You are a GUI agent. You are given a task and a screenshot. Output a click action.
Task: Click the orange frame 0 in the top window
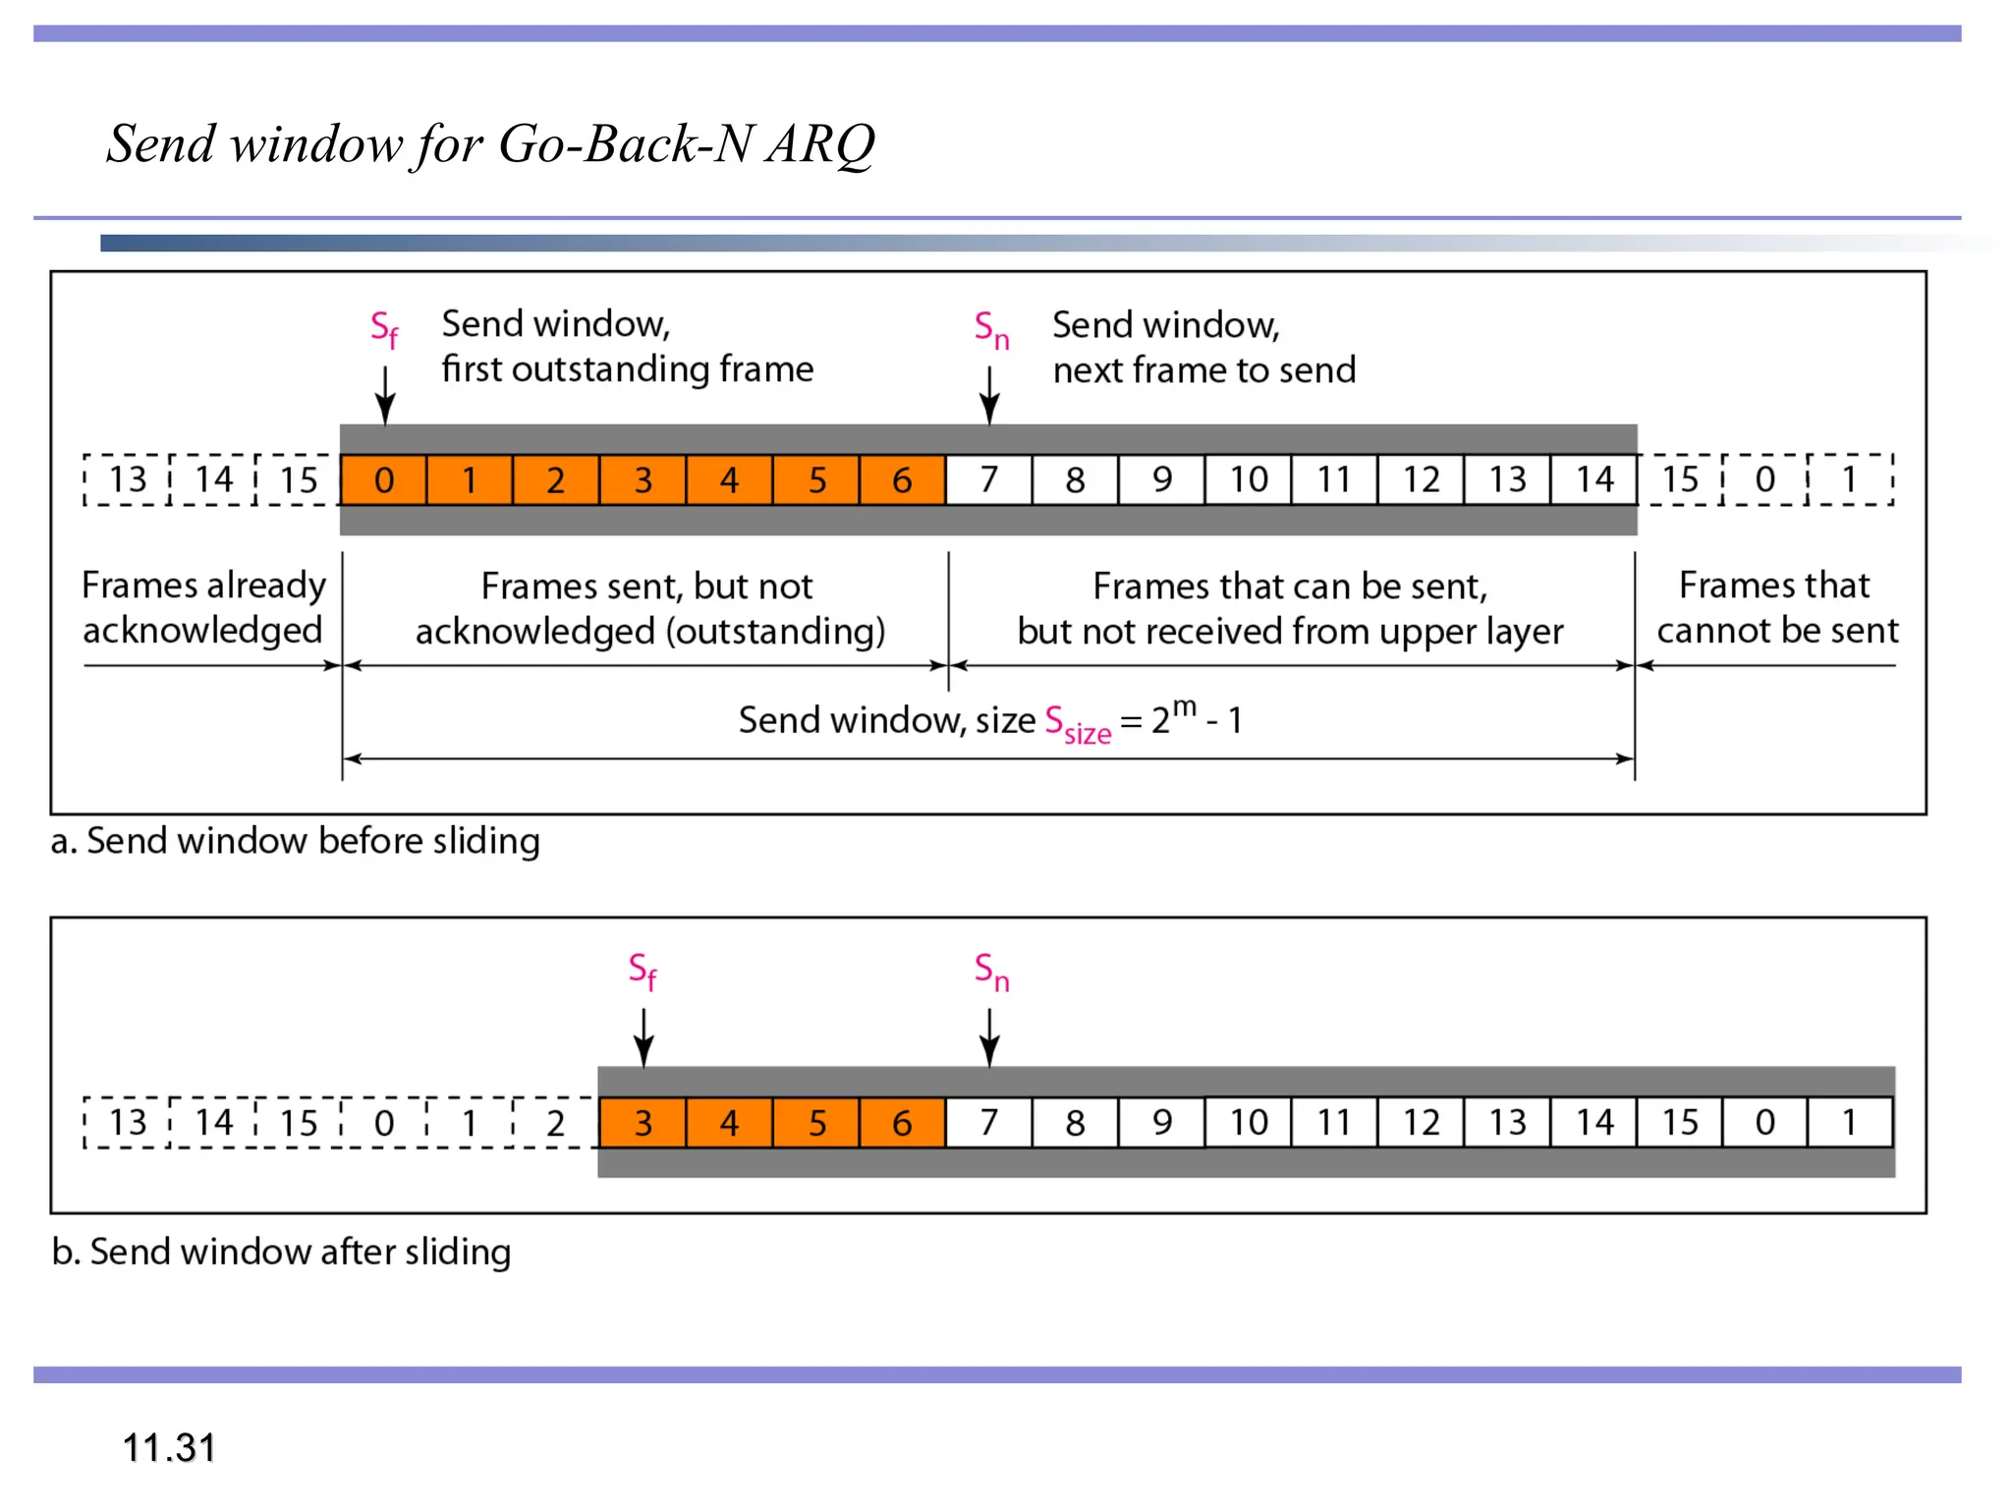click(383, 479)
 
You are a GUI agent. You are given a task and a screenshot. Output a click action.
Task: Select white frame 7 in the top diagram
click(988, 479)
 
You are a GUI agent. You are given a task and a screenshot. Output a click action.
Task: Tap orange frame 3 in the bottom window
click(643, 1122)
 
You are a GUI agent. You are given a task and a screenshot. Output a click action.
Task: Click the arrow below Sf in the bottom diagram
click(643, 1037)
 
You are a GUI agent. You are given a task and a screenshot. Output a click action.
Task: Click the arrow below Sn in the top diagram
click(989, 395)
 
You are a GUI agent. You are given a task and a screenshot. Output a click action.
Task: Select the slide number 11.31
click(169, 1447)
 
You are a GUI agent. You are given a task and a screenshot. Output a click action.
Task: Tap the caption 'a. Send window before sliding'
click(296, 841)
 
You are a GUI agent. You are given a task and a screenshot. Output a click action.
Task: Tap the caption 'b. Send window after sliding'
click(282, 1252)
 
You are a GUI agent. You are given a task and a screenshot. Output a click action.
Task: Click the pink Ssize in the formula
click(1077, 724)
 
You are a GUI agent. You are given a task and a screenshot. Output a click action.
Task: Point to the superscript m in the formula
click(1185, 706)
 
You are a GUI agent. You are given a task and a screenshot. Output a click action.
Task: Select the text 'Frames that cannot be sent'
click(1776, 607)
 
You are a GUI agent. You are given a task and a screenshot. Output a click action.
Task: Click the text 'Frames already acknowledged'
click(203, 607)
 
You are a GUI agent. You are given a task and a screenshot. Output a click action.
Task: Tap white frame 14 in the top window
click(1593, 479)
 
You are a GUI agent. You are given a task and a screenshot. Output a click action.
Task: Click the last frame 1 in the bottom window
click(1849, 1122)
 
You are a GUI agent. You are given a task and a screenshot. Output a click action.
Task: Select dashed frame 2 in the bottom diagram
click(555, 1122)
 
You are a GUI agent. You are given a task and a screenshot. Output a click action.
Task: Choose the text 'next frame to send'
click(1203, 370)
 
